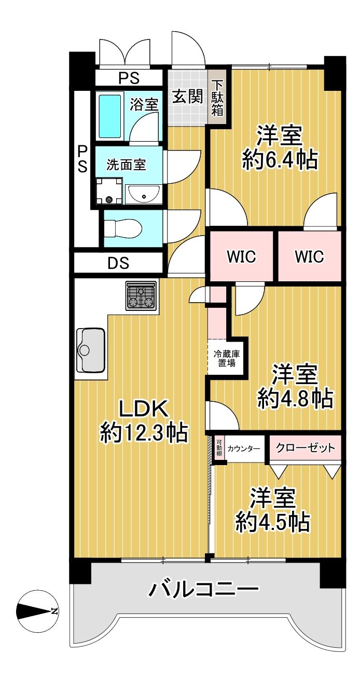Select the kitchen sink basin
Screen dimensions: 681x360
click(x=91, y=350)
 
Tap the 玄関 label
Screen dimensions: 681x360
click(x=187, y=97)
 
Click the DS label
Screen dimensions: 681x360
click(x=118, y=264)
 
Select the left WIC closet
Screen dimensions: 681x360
click(x=241, y=256)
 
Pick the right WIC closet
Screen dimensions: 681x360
click(x=309, y=256)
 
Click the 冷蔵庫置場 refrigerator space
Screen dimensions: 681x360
click(x=227, y=358)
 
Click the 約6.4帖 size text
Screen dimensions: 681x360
click(x=280, y=160)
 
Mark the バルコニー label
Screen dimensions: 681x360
click(x=203, y=590)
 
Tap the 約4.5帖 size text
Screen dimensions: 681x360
click(x=273, y=521)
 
